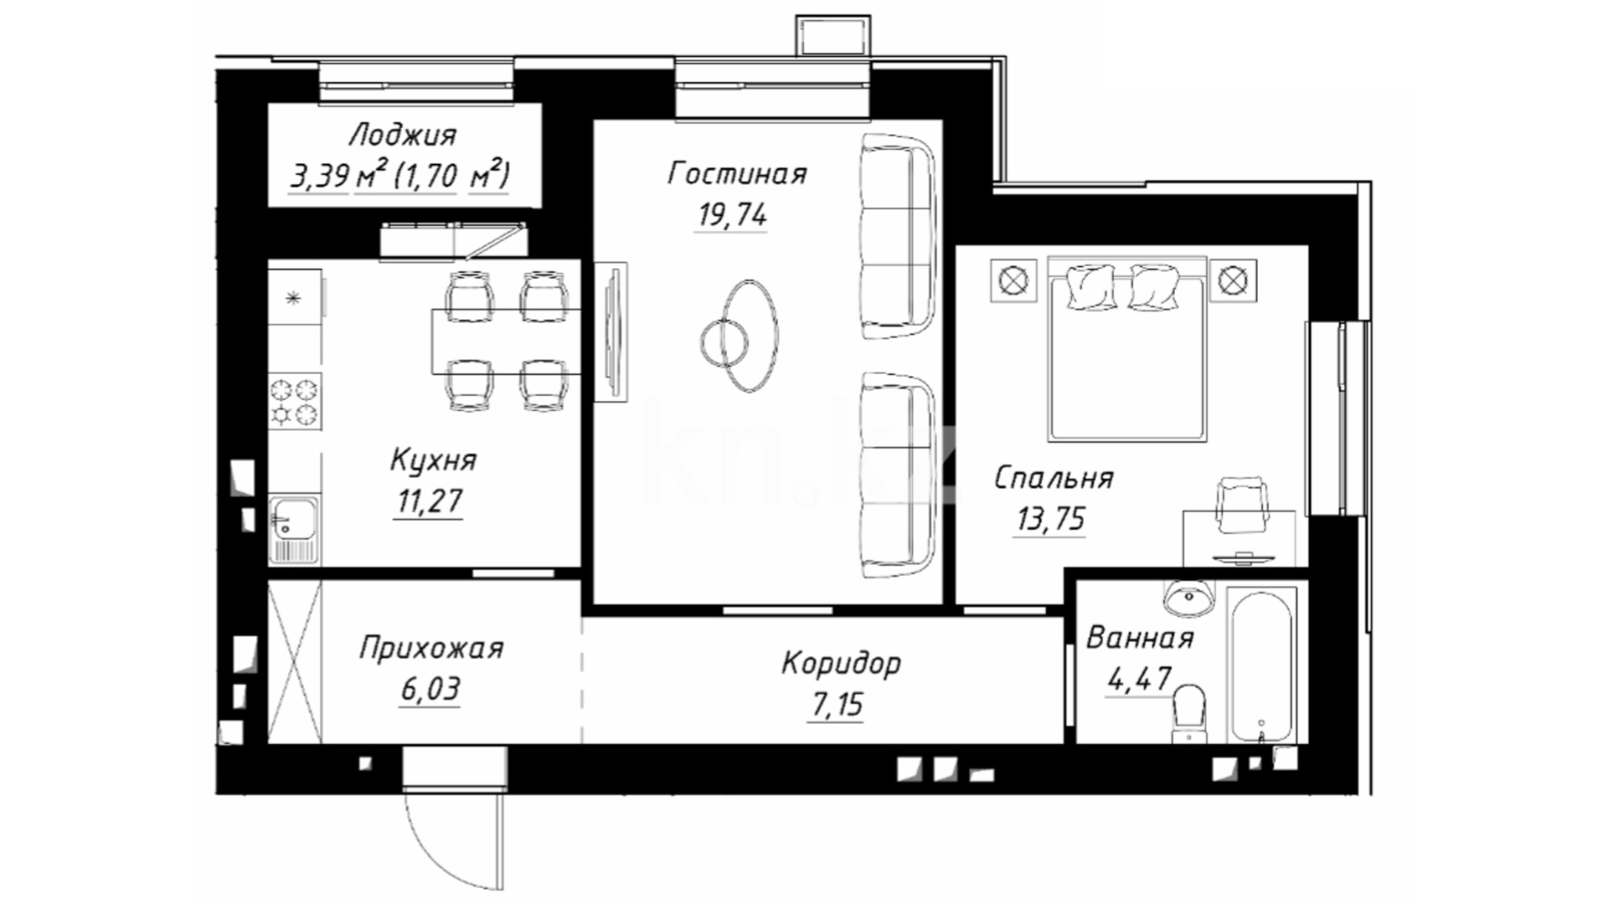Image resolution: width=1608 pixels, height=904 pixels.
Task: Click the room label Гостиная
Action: click(x=737, y=174)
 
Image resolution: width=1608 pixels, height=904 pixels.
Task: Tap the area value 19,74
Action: click(x=732, y=215)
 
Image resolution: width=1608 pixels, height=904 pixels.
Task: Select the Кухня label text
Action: click(x=433, y=460)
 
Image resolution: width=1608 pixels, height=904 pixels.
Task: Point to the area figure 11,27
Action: click(x=429, y=501)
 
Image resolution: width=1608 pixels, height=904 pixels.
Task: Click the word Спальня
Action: click(x=1054, y=478)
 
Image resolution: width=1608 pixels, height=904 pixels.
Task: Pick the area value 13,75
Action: click(x=1050, y=519)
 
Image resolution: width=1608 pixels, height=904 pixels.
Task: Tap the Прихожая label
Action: click(x=431, y=649)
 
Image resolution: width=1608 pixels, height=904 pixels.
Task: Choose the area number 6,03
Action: click(x=430, y=690)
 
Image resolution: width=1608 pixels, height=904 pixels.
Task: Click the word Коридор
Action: click(x=841, y=664)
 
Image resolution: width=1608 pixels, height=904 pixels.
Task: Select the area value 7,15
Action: click(x=836, y=705)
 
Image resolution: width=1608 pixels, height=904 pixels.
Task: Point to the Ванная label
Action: click(x=1140, y=639)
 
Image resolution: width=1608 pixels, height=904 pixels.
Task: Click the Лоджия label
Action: click(x=403, y=135)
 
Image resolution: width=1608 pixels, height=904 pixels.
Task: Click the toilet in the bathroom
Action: click(x=1188, y=712)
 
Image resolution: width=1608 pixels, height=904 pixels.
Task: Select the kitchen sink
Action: click(x=293, y=529)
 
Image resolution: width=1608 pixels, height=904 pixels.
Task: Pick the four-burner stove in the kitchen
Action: click(x=295, y=402)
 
